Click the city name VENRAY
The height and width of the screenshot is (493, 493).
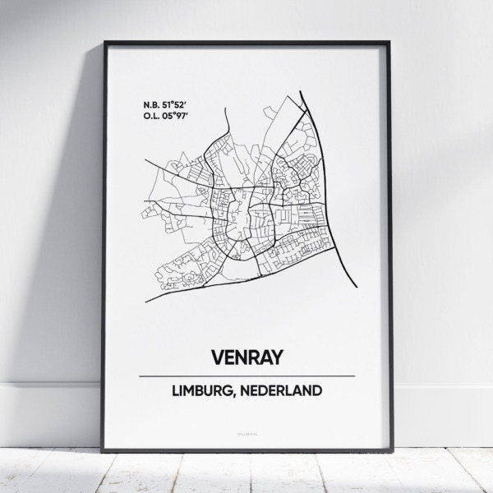246,357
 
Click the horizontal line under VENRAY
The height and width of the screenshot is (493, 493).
246,376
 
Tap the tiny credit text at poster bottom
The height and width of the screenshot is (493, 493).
246,428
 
